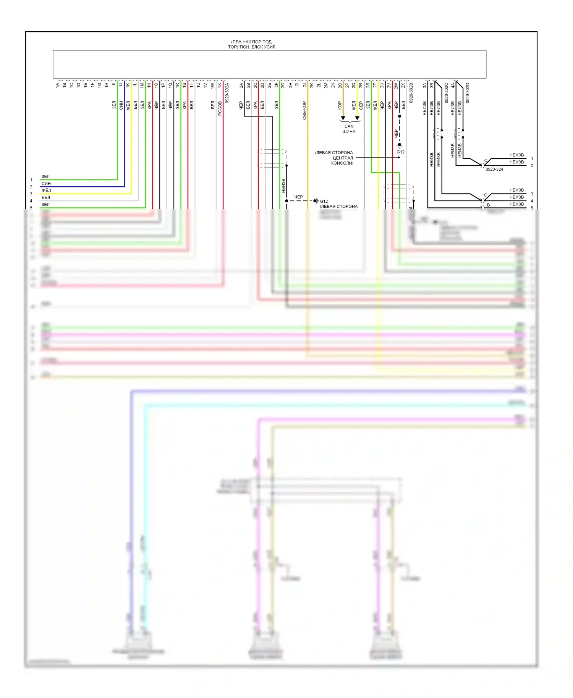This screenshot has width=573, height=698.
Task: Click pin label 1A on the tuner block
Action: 57,85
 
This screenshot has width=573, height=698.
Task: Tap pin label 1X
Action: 219,85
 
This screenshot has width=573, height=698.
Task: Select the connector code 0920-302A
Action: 227,93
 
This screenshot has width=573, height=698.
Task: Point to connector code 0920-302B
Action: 411,93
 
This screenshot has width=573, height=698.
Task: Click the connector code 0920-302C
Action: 446,93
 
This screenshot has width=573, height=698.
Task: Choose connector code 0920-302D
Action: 468,93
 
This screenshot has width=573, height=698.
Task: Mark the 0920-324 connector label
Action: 494,169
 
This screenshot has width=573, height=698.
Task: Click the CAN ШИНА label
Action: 349,129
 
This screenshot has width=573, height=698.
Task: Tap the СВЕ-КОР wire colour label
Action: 304,110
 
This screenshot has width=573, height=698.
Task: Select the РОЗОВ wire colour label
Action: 220,108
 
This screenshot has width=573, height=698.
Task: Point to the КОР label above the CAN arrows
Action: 340,105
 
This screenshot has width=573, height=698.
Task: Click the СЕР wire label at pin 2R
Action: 361,105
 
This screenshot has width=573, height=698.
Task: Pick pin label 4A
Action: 453,85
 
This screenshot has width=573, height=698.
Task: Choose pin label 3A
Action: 424,85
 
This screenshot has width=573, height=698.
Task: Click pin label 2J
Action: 304,85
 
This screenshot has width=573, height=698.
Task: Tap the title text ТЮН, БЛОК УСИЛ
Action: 251,47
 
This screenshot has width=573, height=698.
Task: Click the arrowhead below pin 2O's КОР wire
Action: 343,118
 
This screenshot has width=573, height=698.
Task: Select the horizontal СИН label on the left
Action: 46,184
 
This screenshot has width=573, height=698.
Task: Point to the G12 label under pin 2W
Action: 400,152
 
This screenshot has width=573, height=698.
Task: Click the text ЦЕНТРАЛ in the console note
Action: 343,158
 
